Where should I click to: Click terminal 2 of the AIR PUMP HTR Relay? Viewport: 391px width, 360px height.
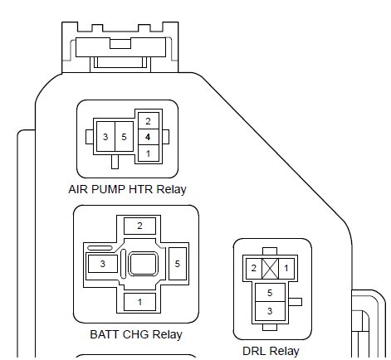click(149, 121)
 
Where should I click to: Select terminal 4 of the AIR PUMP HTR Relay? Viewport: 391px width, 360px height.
click(149, 137)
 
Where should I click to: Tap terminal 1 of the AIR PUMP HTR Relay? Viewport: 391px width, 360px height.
click(149, 153)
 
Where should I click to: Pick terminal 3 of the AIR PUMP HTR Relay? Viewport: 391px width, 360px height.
click(105, 137)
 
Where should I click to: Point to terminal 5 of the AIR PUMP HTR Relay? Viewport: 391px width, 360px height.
click(124, 137)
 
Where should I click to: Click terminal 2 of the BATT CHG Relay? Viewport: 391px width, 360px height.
click(139, 226)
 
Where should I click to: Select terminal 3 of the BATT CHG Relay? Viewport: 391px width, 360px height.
click(103, 264)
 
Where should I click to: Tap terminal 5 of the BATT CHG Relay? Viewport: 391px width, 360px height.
click(178, 264)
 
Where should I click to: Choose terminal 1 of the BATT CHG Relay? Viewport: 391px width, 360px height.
click(139, 302)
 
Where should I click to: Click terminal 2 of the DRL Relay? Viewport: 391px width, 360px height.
click(254, 268)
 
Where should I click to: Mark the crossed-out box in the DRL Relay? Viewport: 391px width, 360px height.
click(270, 269)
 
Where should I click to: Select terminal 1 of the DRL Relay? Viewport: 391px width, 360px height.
click(286, 268)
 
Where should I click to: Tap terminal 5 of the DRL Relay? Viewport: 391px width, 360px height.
click(270, 293)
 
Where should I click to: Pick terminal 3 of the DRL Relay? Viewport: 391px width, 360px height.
click(270, 311)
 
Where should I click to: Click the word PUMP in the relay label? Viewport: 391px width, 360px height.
click(108, 189)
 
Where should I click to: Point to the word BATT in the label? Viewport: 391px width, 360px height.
click(105, 334)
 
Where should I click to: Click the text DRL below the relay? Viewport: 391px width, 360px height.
click(252, 351)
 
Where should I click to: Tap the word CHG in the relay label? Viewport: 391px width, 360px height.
click(136, 334)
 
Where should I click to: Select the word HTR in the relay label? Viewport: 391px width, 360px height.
click(140, 189)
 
